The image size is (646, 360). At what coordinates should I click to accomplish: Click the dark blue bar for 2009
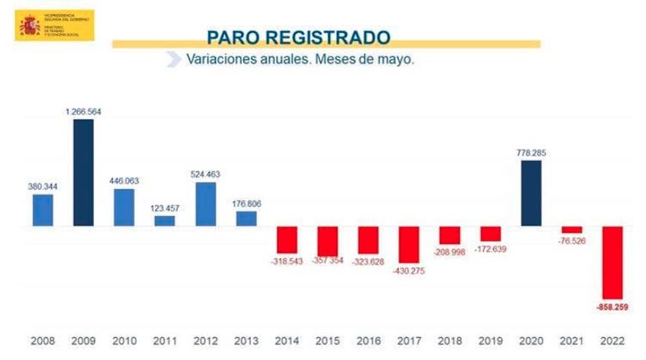[x=83, y=173]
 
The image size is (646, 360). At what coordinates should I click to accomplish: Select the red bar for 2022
[x=612, y=262]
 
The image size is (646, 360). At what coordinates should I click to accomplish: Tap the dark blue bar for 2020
[x=531, y=193]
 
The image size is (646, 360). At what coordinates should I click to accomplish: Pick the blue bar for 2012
[x=205, y=204]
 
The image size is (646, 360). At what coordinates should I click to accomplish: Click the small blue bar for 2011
[x=165, y=220]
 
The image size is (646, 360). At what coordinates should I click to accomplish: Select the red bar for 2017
[x=409, y=244]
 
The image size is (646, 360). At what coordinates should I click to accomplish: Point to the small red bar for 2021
[x=572, y=230]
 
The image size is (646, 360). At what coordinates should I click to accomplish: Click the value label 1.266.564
[x=83, y=112]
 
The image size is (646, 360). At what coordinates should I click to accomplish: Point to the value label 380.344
[x=42, y=187]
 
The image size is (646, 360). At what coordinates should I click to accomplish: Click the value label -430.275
[x=409, y=271]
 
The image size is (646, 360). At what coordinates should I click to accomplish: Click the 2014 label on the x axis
[x=287, y=341]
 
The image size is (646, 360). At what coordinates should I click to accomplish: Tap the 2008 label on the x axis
[x=42, y=341]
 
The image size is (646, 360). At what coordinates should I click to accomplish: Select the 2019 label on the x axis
[x=491, y=341]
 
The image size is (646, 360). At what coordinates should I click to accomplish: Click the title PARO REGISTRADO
[x=298, y=37]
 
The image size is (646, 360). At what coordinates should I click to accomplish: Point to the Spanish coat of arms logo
[x=30, y=25]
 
